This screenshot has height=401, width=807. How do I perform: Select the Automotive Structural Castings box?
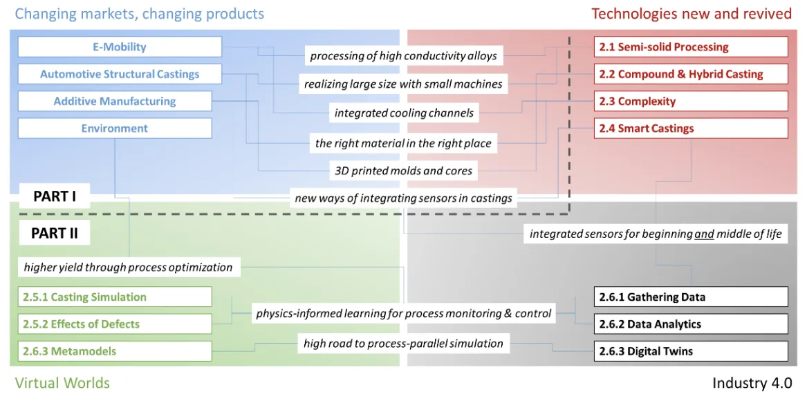click(x=120, y=74)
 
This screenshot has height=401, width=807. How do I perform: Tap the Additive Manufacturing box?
click(x=115, y=101)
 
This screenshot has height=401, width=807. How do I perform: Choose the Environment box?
click(x=115, y=128)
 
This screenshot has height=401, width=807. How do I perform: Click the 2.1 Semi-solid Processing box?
click(x=691, y=47)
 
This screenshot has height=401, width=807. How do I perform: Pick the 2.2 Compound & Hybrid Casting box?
click(x=691, y=74)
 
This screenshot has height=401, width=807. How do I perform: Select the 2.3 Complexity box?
click(x=691, y=101)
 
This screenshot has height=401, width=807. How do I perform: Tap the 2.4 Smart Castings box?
click(x=691, y=128)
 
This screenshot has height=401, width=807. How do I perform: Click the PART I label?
click(x=55, y=196)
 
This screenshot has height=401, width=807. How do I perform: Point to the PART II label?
click(x=55, y=233)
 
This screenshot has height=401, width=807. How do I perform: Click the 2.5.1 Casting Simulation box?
click(x=115, y=297)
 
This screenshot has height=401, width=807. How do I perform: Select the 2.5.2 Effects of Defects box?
click(x=115, y=324)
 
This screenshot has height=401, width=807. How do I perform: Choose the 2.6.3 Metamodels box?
click(x=115, y=351)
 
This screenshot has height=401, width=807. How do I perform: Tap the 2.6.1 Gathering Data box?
click(x=691, y=297)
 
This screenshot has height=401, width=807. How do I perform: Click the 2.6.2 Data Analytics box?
click(x=691, y=324)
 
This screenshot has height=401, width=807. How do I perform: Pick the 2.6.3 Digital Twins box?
click(x=691, y=351)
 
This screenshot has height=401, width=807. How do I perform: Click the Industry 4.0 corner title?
click(x=752, y=383)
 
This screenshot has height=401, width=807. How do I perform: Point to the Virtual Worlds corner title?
click(x=62, y=383)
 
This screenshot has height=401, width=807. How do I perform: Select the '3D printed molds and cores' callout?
click(x=404, y=170)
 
